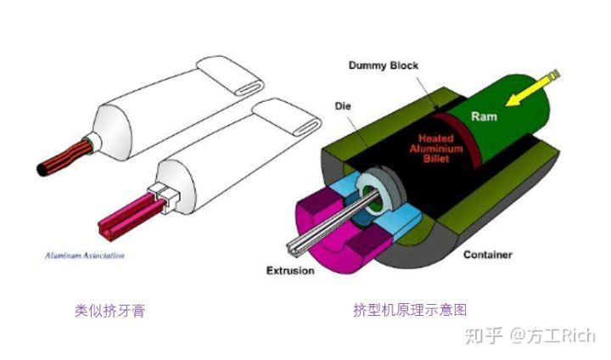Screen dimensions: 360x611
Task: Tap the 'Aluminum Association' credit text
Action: pyautogui.click(x=82, y=255)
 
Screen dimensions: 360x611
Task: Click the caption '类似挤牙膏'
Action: pyautogui.click(x=109, y=311)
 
